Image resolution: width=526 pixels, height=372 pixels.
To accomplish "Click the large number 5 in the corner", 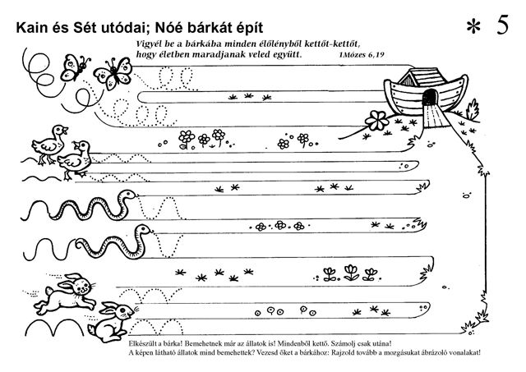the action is [x=502, y=25].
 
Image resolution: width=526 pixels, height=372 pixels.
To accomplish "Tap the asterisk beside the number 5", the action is [x=473, y=27].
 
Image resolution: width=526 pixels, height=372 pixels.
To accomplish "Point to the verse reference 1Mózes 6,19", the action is [x=362, y=54].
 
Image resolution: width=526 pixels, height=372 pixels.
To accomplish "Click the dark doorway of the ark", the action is [x=430, y=98].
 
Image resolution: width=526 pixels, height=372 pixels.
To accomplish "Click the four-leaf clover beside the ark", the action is [x=377, y=121].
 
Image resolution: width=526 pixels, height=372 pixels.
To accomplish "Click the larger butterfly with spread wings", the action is [x=113, y=74].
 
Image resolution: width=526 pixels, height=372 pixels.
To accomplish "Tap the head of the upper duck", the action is [x=60, y=130].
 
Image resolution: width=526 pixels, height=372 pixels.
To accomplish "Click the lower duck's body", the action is [x=76, y=162].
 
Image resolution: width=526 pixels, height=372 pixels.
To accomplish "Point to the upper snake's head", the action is [x=128, y=195].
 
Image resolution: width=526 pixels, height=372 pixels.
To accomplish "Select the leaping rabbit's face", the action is [x=82, y=286].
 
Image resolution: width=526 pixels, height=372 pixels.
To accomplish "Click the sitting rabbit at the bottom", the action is [x=112, y=322].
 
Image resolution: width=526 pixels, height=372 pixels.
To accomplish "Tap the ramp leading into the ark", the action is [x=436, y=117].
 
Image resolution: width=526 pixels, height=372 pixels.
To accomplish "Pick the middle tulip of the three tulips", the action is [x=351, y=272].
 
